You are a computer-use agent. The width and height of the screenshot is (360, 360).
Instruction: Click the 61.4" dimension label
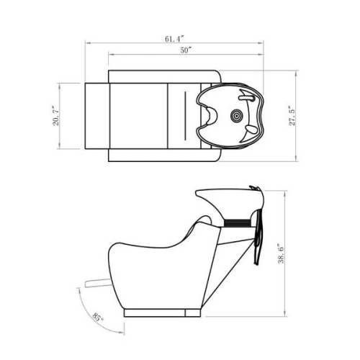point(174,39)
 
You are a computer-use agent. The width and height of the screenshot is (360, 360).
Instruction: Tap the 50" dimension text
point(186,50)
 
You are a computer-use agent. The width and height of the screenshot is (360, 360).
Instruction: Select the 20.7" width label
point(55,116)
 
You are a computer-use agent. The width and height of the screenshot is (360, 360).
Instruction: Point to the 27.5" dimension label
point(292,116)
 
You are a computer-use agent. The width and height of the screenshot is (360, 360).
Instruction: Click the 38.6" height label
point(281,253)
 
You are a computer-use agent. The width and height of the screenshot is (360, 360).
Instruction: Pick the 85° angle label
point(98,318)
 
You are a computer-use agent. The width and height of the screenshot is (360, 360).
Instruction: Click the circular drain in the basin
point(236,116)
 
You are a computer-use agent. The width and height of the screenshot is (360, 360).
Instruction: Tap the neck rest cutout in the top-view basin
point(211,117)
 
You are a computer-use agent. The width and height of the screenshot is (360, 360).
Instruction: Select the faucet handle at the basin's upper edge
point(246,98)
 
